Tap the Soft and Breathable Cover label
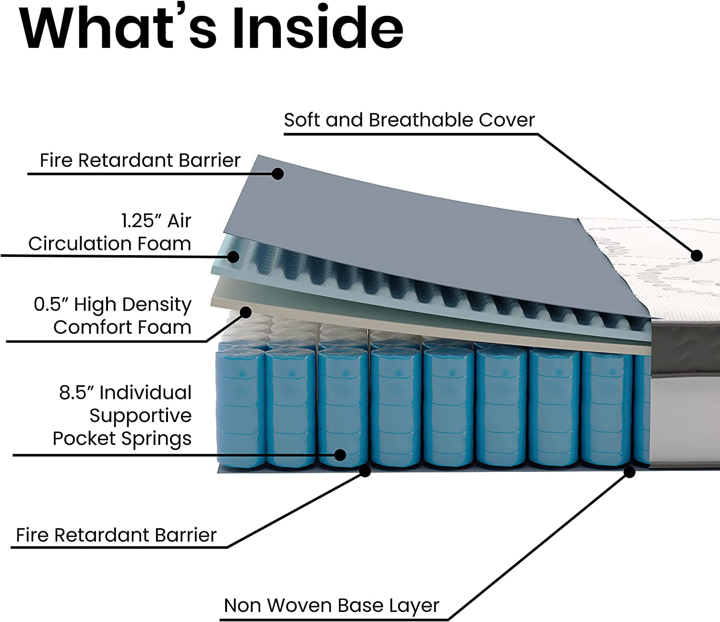tap(409, 120)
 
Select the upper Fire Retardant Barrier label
tap(140, 160)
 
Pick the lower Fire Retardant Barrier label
tap(116, 535)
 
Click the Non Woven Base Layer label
tap(331, 605)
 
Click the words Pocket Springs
tap(122, 438)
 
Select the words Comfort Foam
tap(122, 328)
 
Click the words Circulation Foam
tap(109, 244)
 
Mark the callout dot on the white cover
tap(696, 256)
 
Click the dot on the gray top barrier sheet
tap(277, 174)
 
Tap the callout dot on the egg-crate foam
tap(234, 257)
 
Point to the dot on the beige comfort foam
tap(246, 313)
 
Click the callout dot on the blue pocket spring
tap(340, 455)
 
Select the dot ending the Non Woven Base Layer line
tap(629, 472)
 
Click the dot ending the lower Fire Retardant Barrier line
tap(365, 471)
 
